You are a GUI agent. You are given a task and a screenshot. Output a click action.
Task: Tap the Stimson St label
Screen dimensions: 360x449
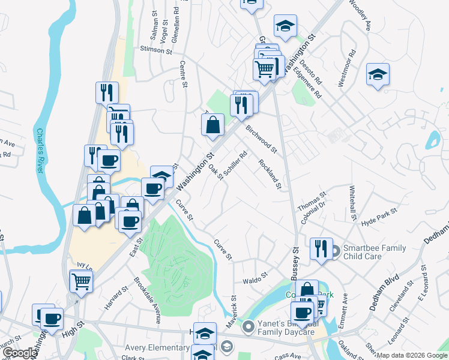[x=156, y=50]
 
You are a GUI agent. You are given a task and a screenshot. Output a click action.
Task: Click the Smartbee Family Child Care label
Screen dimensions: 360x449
[x=374, y=252]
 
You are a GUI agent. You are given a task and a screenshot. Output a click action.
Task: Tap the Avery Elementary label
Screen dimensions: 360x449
[x=157, y=347]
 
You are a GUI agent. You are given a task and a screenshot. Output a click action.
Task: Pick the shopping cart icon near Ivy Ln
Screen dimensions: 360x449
[x=81, y=280]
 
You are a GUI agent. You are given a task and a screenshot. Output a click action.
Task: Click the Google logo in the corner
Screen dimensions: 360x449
[x=19, y=353]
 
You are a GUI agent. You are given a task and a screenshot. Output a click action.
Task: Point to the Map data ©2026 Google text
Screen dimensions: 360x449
[x=412, y=355]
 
